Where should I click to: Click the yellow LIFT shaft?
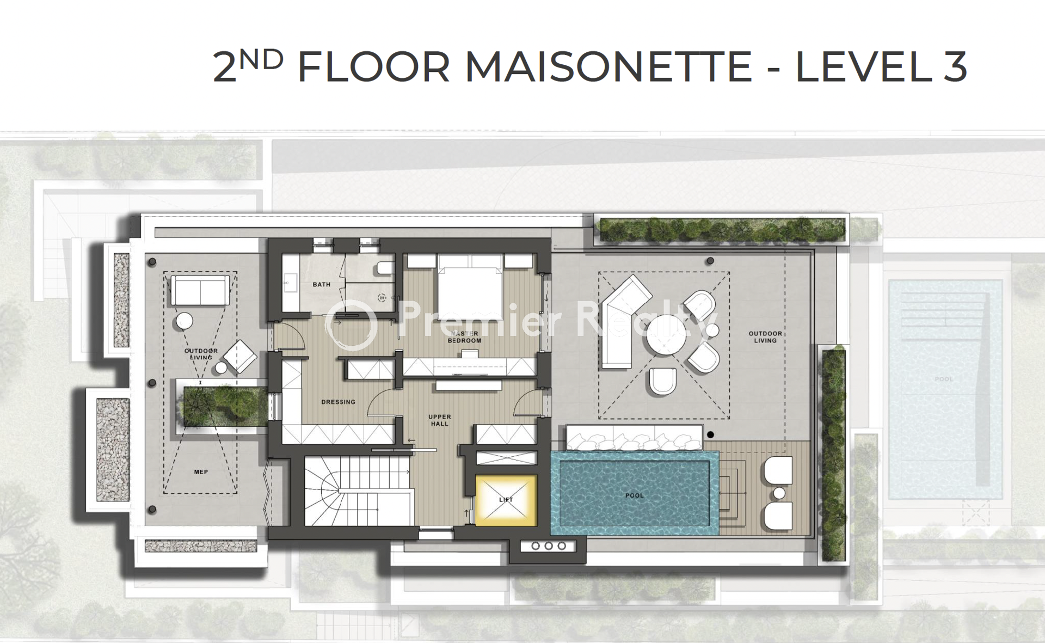point(506,500)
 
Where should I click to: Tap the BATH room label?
point(322,284)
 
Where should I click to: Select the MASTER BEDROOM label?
point(464,337)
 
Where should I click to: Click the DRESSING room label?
point(338,402)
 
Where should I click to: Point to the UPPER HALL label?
point(440,420)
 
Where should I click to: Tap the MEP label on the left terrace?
point(201,472)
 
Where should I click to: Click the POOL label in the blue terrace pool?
point(634,495)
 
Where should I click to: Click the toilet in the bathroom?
point(385,268)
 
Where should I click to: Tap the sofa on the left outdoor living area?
point(200,290)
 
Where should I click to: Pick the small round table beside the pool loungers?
point(779,493)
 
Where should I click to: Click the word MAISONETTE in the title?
point(608,67)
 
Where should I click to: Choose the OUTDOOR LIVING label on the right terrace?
point(765,337)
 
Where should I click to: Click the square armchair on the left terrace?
point(240,357)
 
